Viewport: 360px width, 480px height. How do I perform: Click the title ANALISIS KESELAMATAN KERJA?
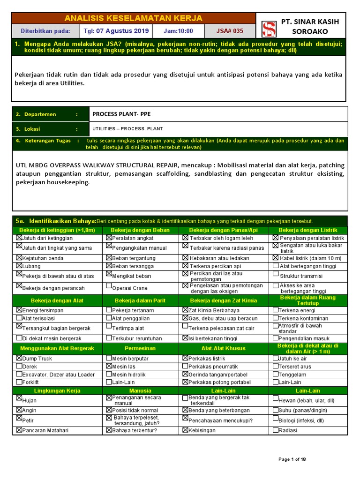click(134, 18)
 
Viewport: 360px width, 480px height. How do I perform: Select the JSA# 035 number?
click(230, 31)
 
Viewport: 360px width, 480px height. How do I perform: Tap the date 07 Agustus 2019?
click(122, 31)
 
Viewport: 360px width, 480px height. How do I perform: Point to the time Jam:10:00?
click(178, 31)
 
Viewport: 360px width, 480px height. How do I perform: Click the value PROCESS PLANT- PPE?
click(121, 114)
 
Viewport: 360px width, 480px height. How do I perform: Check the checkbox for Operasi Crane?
click(109, 286)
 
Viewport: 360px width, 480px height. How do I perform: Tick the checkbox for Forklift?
click(19, 382)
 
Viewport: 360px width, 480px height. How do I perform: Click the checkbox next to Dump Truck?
click(19, 358)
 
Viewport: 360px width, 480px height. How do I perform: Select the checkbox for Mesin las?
click(109, 366)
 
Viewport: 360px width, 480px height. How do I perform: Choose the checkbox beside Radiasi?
click(276, 429)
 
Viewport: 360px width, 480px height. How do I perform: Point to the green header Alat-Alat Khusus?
click(223, 348)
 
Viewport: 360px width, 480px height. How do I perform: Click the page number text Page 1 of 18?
click(292, 459)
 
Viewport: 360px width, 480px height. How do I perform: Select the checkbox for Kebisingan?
click(185, 429)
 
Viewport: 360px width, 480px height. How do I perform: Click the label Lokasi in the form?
click(35, 129)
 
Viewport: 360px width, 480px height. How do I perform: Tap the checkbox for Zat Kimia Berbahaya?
click(185, 310)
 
